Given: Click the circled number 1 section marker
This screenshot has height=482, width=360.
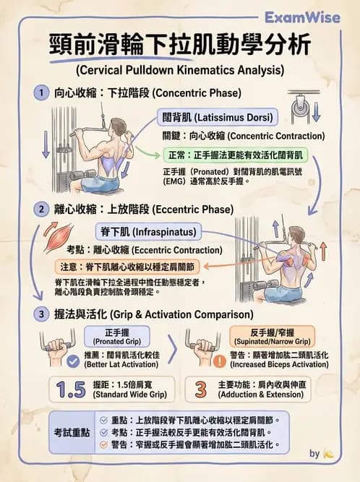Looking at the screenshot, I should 40,93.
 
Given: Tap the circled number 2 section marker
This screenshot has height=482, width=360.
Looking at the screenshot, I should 40,210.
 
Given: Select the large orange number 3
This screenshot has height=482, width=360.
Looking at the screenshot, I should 202,391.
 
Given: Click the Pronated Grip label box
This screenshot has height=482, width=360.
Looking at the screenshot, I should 116,335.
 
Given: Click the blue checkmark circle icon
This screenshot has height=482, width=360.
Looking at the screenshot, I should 72,361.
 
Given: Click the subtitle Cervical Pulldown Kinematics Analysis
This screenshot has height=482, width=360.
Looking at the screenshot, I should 179,70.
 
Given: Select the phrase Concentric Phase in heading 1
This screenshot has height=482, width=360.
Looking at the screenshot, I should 198,93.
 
